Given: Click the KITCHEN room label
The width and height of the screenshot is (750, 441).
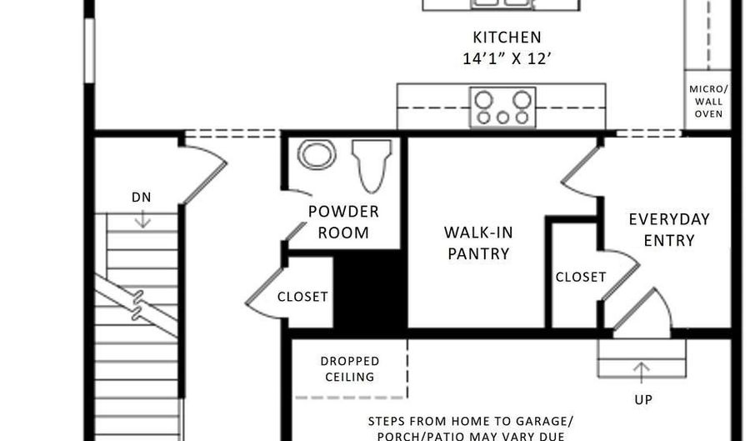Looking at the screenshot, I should coord(507,38).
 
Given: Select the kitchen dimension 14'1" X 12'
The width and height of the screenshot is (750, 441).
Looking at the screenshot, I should coord(507,59).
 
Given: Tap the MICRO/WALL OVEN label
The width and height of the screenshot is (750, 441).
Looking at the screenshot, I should coord(707,101).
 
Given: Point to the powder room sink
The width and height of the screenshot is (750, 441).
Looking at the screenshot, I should coord(317,155).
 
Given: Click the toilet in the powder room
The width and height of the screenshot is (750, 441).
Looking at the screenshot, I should coord(372,163).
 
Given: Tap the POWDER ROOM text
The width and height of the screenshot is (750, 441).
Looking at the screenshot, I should coord(343,222).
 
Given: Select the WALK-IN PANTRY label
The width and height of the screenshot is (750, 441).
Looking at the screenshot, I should coord(477,243).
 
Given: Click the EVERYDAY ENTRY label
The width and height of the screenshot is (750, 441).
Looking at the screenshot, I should coord(668,229).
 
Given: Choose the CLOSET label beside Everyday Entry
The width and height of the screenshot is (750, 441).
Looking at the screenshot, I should coord(581,277).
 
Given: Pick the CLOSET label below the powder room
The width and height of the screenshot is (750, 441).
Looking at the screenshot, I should coord(302,296).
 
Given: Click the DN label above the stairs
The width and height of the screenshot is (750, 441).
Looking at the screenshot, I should coord(142,198).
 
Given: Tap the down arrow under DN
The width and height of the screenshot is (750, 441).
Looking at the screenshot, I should coord(142,218).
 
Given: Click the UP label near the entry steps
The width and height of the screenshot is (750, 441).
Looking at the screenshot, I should coord(642,399).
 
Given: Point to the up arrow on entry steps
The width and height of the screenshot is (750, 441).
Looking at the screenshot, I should coord(642,368).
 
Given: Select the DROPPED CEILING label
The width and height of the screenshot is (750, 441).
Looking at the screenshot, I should coord(350,368).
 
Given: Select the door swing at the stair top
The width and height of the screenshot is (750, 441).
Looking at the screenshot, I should coord(202,171).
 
